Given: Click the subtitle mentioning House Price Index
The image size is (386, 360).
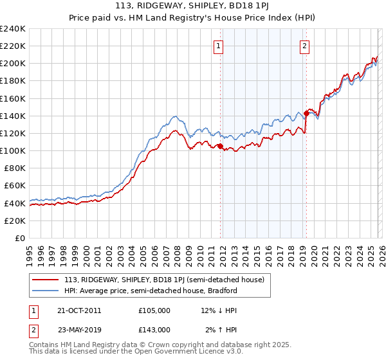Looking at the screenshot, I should (x=193, y=19).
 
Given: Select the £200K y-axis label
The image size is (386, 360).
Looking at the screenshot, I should (x=13, y=64).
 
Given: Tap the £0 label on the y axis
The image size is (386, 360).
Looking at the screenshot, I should (x=19, y=238).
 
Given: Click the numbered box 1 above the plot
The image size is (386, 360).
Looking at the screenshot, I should (x=219, y=46).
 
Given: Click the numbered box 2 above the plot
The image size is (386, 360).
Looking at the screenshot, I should (x=304, y=46).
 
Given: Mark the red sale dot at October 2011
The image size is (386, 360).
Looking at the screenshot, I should (x=220, y=147).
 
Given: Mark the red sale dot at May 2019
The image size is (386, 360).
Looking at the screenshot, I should (x=306, y=113).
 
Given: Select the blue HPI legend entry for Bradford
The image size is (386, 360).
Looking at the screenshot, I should (x=151, y=291).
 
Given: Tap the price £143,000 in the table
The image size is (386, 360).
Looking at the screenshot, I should (x=154, y=329).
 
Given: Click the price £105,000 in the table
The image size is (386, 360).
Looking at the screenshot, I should (x=154, y=310).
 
